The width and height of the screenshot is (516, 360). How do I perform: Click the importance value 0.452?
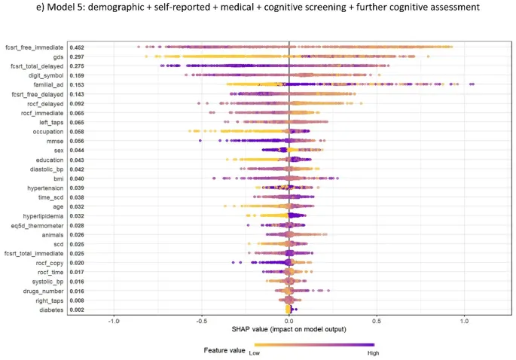(77, 47)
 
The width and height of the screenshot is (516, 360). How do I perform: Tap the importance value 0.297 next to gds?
(77, 57)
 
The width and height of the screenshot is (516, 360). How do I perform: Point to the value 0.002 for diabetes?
(77, 310)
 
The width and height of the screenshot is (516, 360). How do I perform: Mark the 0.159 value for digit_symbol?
(77, 75)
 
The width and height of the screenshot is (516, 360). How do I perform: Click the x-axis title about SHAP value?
(289, 331)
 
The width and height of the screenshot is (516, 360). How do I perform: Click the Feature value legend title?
(224, 349)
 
